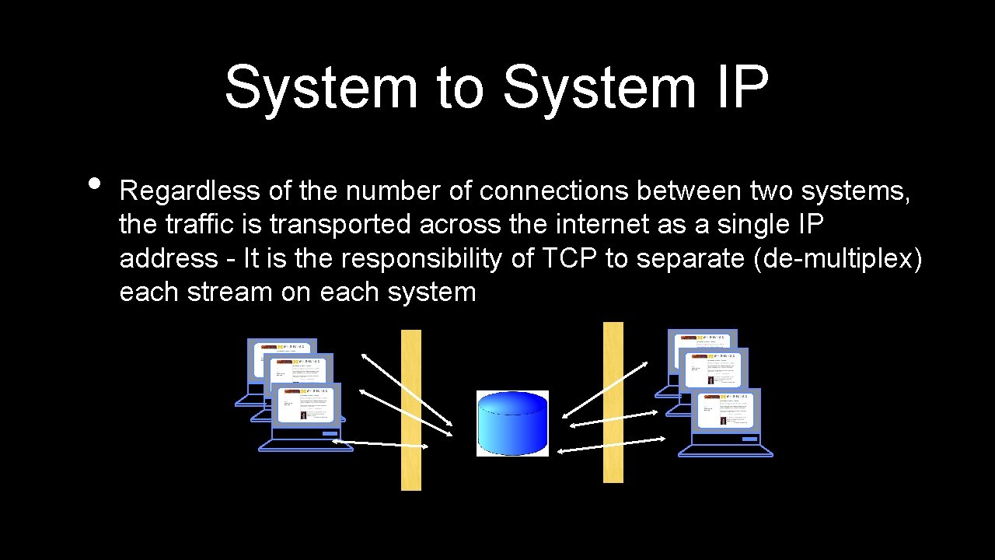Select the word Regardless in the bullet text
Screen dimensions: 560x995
click(x=190, y=191)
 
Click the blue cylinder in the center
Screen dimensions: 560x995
click(x=512, y=423)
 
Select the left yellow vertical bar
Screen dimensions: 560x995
click(x=411, y=410)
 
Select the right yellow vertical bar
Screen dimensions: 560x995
click(x=613, y=402)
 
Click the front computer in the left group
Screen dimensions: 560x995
click(x=305, y=416)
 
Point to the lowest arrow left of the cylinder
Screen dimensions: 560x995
click(x=380, y=444)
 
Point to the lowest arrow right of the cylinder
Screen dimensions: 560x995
click(x=611, y=444)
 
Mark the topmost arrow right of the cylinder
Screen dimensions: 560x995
click(x=606, y=389)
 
